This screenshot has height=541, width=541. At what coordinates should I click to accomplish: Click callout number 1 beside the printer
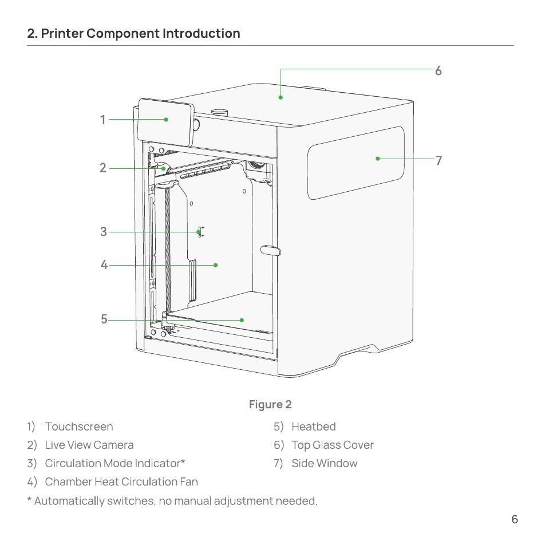coord(103,120)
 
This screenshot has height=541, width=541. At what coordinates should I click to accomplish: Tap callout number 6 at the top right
coord(438,71)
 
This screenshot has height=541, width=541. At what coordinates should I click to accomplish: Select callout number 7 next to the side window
coord(439,160)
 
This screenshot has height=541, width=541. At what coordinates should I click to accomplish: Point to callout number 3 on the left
coord(104,231)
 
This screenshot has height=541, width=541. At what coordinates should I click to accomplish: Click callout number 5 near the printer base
coord(104,319)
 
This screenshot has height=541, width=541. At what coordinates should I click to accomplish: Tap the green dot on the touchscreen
coord(166,120)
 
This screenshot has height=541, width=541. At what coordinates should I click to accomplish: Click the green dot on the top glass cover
coord(281,98)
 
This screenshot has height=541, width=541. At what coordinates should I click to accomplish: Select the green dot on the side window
coord(378,159)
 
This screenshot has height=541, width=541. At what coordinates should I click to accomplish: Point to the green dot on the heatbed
coord(242,320)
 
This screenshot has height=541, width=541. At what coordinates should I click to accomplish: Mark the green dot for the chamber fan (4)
coord(216,265)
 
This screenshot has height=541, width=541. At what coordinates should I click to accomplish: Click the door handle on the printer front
coord(270,250)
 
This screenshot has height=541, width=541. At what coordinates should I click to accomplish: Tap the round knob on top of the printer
coord(220,112)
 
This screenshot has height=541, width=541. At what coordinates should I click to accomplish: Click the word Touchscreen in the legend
coord(79,427)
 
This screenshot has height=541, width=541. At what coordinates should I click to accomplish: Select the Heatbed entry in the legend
coord(314,427)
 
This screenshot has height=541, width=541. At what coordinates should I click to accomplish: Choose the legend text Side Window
coord(325,463)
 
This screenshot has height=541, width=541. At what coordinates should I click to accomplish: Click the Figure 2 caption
coord(270,404)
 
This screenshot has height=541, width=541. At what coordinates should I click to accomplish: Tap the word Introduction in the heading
coord(201,33)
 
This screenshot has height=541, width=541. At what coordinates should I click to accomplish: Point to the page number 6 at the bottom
coord(515,519)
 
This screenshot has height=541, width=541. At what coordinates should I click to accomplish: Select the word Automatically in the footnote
coord(69,501)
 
